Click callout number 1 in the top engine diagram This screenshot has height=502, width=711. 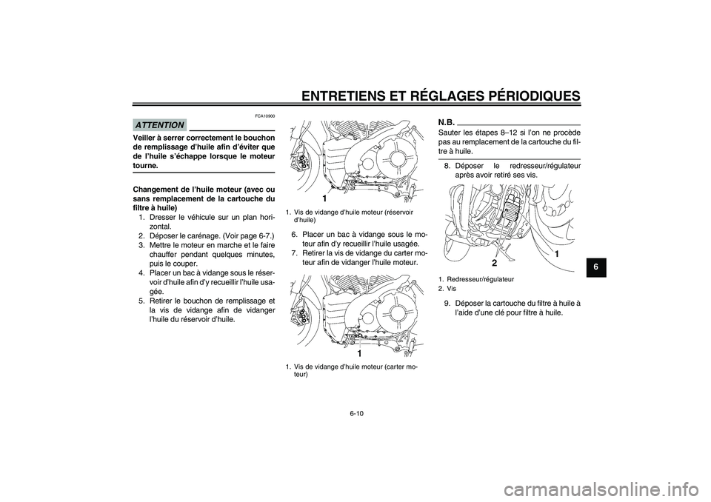point(324,199)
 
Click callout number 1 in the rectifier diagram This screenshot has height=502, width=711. point(556,254)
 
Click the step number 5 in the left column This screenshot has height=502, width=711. point(141,301)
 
